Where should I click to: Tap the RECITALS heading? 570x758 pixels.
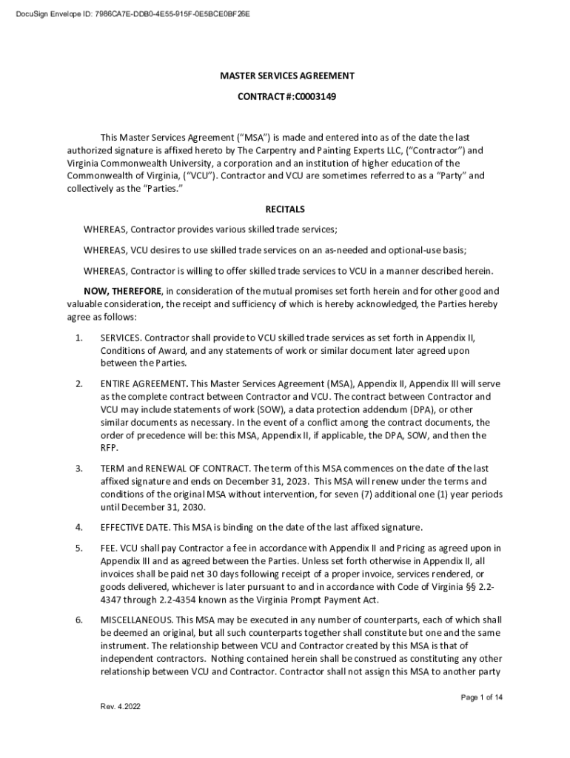285,209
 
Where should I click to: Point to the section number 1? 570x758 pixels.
78,338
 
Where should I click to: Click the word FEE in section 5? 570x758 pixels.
109,548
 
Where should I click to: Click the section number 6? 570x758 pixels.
78,620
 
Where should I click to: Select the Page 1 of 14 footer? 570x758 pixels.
482,697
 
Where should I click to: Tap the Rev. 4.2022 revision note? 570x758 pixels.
120,706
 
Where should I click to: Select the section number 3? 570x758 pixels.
78,469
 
